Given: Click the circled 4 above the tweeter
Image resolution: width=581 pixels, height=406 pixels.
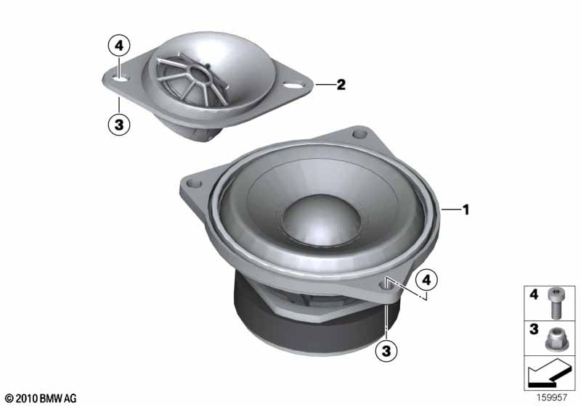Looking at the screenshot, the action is [x=119, y=46].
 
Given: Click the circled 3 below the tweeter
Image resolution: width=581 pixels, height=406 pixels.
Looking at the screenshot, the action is [x=119, y=124].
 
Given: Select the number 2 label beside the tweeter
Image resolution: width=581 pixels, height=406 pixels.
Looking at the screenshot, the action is [x=341, y=85].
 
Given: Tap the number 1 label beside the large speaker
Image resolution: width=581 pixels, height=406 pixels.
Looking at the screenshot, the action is [x=466, y=210].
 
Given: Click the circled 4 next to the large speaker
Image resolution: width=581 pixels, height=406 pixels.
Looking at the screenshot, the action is [x=427, y=281].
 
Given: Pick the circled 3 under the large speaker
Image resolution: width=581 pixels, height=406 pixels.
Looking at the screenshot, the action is [x=386, y=349].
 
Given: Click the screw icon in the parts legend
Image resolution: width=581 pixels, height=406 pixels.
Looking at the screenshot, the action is [x=554, y=303].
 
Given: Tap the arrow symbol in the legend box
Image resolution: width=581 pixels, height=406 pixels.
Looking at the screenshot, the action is [x=548, y=373].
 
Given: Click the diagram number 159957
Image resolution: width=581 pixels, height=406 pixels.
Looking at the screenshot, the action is [x=552, y=397].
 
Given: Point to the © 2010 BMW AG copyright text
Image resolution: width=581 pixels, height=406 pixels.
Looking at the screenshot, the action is [x=41, y=398].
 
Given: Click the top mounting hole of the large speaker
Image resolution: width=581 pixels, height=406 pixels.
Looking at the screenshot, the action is [x=359, y=133].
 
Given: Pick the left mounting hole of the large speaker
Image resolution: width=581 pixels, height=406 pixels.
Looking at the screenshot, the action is [x=194, y=183].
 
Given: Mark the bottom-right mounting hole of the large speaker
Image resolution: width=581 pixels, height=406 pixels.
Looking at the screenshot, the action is [x=386, y=286].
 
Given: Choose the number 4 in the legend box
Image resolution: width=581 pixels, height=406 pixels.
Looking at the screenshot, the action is [x=534, y=294].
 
